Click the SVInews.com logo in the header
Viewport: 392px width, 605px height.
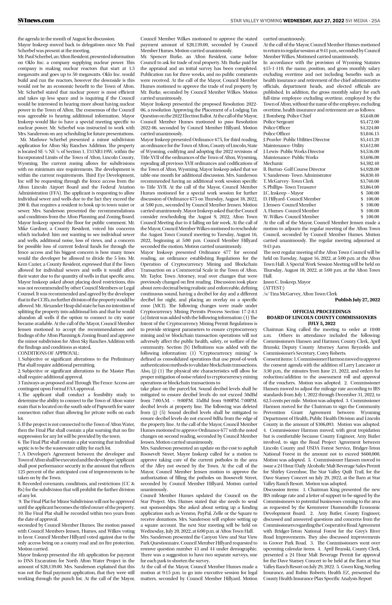pyautogui.click(x=36, y=20)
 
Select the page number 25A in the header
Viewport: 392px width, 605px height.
pyautogui.click(x=375, y=21)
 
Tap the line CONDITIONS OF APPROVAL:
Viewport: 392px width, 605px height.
pyautogui.click(x=48, y=353)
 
